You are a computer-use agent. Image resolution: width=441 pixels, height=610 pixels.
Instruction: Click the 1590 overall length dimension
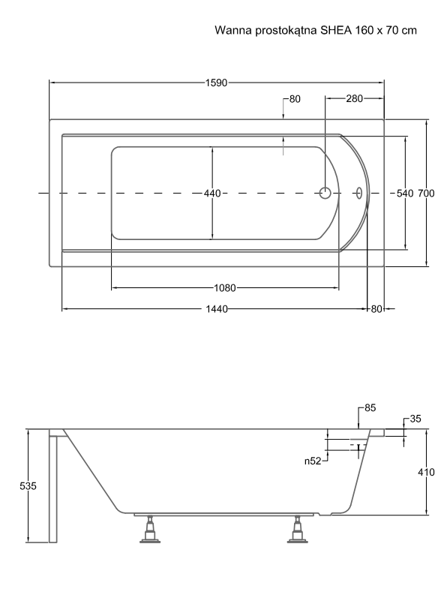pos(216,83)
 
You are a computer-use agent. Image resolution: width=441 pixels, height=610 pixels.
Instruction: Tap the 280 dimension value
pos(354,99)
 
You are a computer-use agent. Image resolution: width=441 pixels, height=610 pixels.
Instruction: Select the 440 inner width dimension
pos(212,194)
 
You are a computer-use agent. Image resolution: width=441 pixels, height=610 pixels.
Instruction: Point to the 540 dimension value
pos(405,194)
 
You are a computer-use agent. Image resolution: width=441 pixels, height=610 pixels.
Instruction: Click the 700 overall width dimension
pos(426,194)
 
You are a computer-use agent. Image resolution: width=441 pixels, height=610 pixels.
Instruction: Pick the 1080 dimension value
pos(225,288)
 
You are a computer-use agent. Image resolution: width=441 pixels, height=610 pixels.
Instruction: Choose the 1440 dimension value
pos(217,309)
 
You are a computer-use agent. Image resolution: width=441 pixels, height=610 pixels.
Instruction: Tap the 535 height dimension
pos(28,486)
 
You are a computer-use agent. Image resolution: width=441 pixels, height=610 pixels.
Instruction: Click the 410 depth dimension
pos(426,472)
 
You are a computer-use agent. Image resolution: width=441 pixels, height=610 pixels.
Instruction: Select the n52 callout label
pos(313,461)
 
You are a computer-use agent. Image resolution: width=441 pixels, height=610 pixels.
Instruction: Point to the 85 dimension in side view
pos(370,407)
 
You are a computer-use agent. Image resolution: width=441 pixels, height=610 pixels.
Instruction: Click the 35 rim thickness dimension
pos(415,419)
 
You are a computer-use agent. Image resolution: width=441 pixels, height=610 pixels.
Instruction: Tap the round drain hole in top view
pos(325,193)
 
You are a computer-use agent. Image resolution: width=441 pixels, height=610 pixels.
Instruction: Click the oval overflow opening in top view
pos(359,193)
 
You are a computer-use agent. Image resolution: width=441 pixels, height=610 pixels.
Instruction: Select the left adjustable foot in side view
pos(150,530)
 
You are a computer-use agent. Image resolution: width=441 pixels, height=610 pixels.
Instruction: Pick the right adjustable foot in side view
pos(298,530)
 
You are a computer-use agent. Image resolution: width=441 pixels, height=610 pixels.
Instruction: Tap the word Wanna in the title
pos(233,30)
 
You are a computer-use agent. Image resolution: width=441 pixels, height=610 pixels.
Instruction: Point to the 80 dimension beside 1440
pos(376,309)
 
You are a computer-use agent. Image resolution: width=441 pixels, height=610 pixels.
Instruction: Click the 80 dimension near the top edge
pos(295,99)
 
